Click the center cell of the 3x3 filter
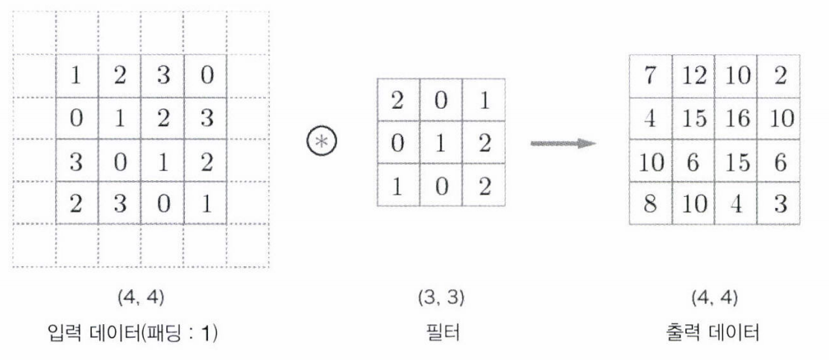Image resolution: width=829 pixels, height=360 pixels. (x=441, y=142)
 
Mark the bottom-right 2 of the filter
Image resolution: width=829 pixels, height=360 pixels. (x=484, y=183)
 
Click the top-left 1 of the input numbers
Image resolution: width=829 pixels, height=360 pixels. (x=78, y=75)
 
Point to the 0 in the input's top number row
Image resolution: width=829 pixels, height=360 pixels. (x=205, y=75)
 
